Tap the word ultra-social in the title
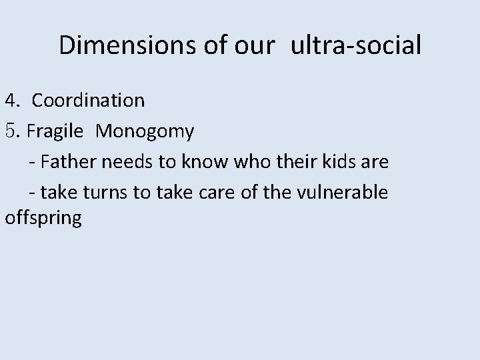(355, 45)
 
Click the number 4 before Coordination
(11, 101)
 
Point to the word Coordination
(88, 101)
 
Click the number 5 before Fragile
(11, 132)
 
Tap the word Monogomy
(145, 132)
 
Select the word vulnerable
(349, 193)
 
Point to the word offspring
(43, 219)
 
